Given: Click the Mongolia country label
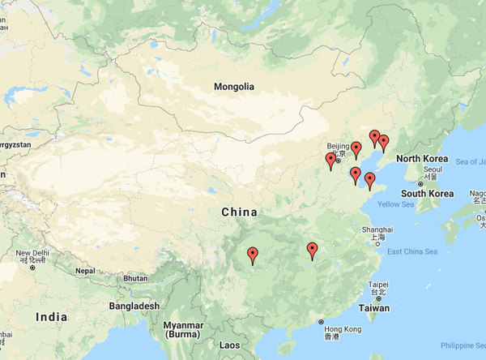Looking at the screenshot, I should [234, 87].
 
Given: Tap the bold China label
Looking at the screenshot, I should [239, 212].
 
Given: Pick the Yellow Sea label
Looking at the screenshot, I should [396, 204].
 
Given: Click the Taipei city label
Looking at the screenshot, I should [378, 285].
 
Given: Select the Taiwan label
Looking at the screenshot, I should [374, 308].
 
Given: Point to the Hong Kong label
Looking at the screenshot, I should [343, 329].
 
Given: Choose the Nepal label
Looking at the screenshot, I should [86, 270].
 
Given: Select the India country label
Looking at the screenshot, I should [52, 317].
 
